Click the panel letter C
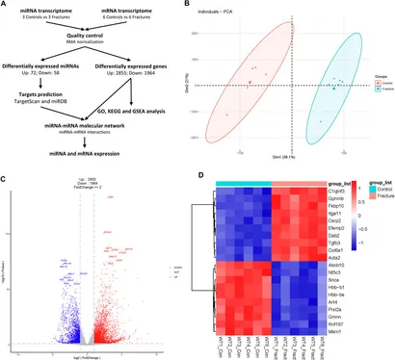pyautogui.click(x=6, y=179)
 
